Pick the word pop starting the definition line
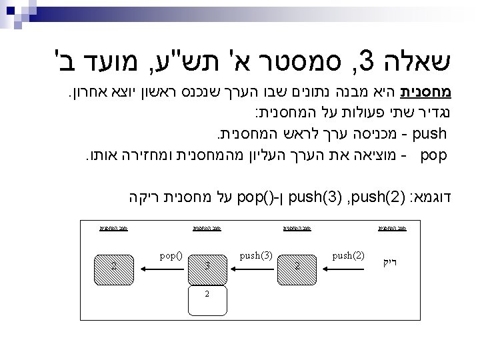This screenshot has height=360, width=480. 434,157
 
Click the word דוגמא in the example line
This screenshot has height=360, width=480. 438,198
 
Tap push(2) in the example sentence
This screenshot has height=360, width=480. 367,198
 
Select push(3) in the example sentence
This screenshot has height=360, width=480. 311,198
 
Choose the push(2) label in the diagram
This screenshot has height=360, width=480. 349,255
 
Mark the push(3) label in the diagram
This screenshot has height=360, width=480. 255,255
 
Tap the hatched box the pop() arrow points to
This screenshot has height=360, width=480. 114,265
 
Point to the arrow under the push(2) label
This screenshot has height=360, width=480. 348,265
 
